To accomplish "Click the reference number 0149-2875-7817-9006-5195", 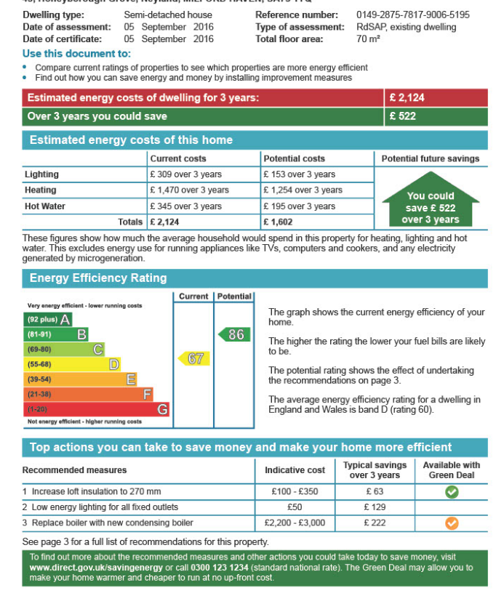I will (x=412, y=15).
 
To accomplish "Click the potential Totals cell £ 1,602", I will (x=279, y=222).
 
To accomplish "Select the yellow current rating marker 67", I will (x=194, y=358).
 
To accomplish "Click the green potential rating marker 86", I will (x=234, y=334).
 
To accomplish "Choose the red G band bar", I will (x=97, y=410).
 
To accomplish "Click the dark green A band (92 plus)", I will (x=49, y=319).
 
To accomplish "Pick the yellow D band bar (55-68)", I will (x=72, y=364).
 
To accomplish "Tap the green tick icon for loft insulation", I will (x=452, y=492).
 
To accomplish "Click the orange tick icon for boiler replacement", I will (x=452, y=523).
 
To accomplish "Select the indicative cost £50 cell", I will (x=295, y=507).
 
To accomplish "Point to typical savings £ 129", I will (x=374, y=507).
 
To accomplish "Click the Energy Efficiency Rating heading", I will (x=98, y=278).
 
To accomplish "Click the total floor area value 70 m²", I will (x=368, y=39).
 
